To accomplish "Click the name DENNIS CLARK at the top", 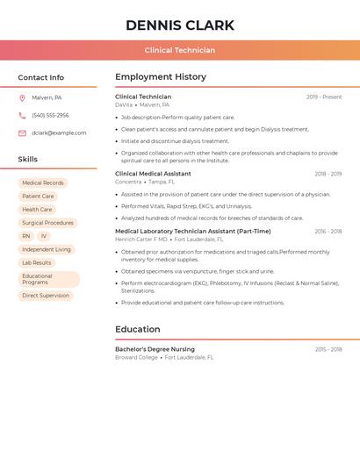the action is pyautogui.click(x=180, y=25).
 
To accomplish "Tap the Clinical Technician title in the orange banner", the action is pyautogui.click(x=180, y=50).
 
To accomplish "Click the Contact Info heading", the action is pyautogui.click(x=41, y=77).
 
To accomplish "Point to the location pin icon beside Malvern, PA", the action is pyautogui.click(x=22, y=97).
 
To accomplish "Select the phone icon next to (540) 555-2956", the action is pyautogui.click(x=22, y=115).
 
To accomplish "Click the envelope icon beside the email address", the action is pyautogui.click(x=22, y=132).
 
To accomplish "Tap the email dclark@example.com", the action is pyautogui.click(x=59, y=132).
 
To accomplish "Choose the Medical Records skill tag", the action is pyautogui.click(x=43, y=183).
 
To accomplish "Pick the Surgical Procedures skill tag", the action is pyautogui.click(x=47, y=223).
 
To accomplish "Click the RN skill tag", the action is pyautogui.click(x=26, y=236).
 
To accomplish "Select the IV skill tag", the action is pyautogui.click(x=44, y=236).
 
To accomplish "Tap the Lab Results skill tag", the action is pyautogui.click(x=37, y=262).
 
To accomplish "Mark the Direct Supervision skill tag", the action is pyautogui.click(x=46, y=296).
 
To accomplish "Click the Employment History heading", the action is pyautogui.click(x=161, y=77).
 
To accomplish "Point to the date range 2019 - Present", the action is pyautogui.click(x=324, y=97).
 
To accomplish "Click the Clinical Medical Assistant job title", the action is pyautogui.click(x=153, y=174).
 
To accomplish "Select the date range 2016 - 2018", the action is pyautogui.click(x=328, y=232).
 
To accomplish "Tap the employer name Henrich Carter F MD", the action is pyautogui.click(x=140, y=239).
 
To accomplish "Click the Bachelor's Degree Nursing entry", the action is pyautogui.click(x=155, y=349).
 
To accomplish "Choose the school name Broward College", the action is pyautogui.click(x=136, y=357).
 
